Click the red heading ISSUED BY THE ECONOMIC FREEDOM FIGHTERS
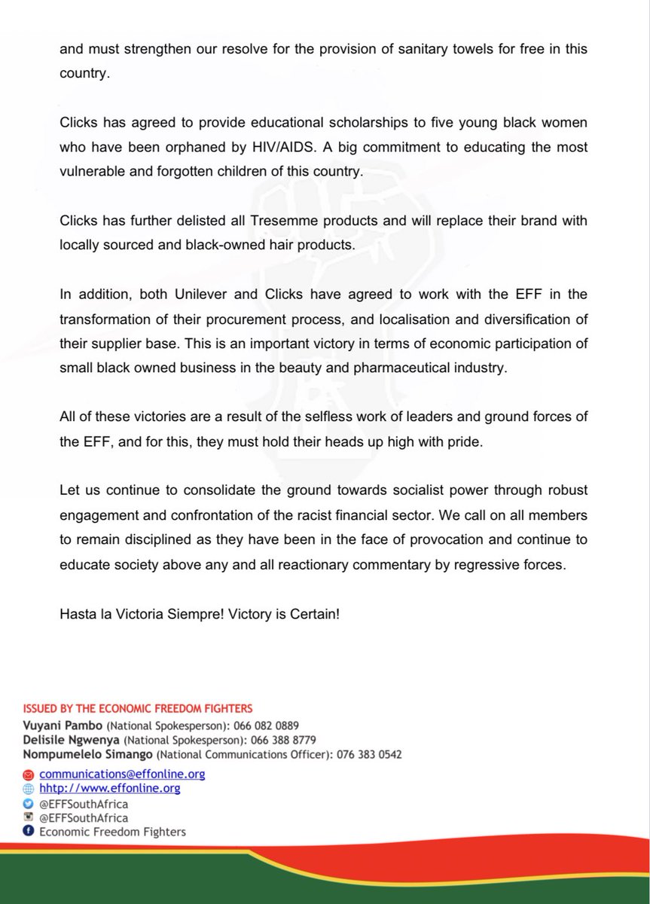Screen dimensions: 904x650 point(138,708)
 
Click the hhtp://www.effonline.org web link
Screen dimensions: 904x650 point(109,788)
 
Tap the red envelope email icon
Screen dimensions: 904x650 point(29,774)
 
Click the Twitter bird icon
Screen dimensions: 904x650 point(29,803)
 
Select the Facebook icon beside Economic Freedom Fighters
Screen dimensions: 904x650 point(29,832)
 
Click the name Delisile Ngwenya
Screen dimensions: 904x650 point(67,740)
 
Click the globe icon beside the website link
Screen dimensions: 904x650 point(29,789)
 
